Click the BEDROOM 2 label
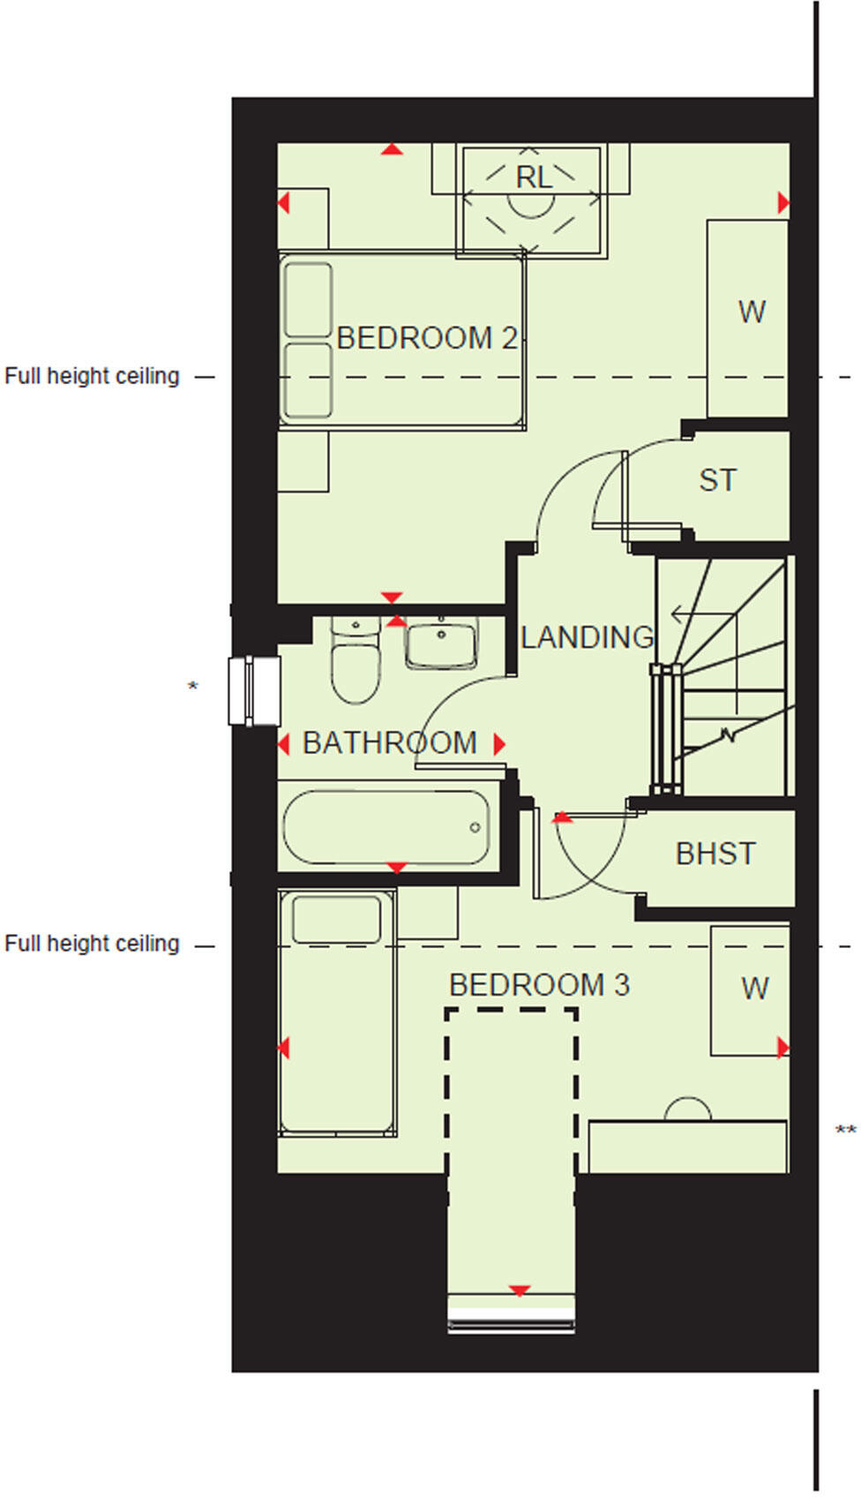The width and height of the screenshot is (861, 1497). pos(427,338)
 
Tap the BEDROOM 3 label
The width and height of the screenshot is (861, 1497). pos(539,985)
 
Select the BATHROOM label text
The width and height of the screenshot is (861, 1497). pos(389,743)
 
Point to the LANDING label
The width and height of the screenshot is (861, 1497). pos(588,637)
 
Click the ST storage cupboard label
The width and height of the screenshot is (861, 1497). pos(717,481)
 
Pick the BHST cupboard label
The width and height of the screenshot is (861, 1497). pos(715,854)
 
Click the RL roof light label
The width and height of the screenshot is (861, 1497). pos(533,178)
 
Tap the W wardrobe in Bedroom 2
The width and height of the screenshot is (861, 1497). pos(752,312)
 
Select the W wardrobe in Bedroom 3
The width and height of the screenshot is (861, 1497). pos(754,989)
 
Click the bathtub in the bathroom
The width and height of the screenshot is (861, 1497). pos(386,827)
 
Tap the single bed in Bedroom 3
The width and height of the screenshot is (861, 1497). pos(336,1015)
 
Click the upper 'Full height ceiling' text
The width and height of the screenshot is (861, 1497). pos(92,377)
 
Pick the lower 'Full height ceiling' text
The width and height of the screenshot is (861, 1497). pos(92,944)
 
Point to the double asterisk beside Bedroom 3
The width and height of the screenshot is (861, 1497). pos(845,1131)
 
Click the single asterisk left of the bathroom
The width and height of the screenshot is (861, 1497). pos(193,686)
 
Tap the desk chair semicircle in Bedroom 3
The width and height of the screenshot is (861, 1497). pos(687,1110)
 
